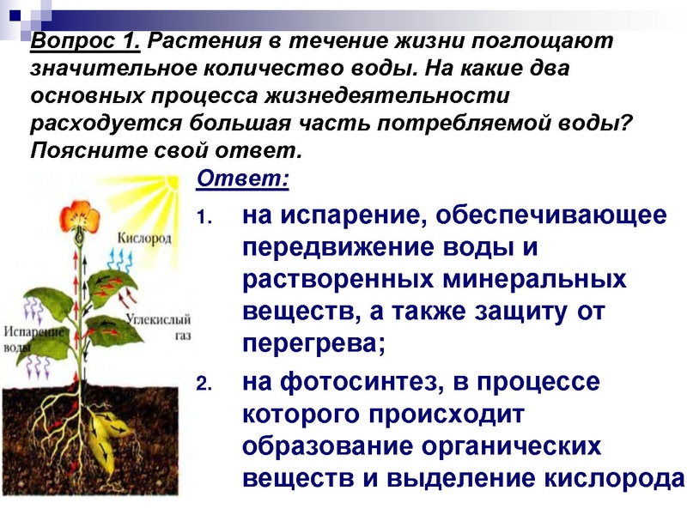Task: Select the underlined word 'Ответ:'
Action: pos(242,179)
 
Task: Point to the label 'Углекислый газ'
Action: pos(158,324)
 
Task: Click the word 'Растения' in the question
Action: pos(198,41)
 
